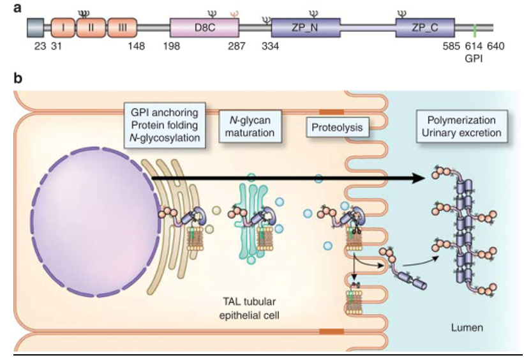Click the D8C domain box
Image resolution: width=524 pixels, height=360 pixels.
pos(204,28)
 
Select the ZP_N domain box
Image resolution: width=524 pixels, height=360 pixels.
pos(305,28)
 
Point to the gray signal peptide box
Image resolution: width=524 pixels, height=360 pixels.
pos(36,28)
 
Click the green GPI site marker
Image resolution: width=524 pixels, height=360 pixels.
pos(474,28)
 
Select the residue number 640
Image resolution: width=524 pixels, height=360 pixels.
pos(496,46)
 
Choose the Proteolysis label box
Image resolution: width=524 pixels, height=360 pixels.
pos(337,128)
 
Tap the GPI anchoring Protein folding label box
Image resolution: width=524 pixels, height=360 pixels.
pos(166,126)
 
